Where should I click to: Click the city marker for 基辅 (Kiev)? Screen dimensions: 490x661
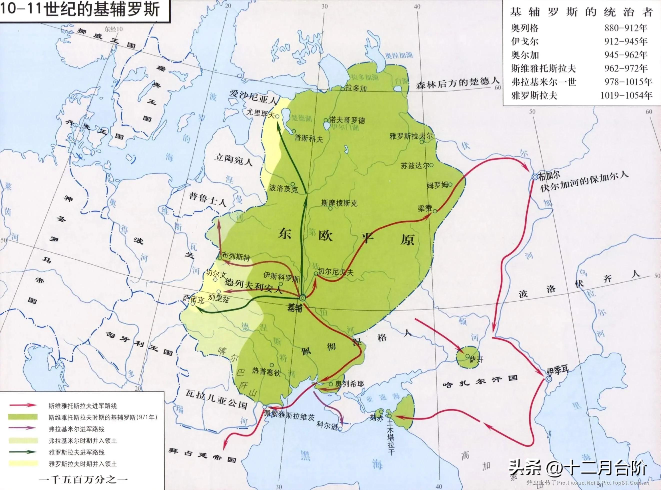click(302, 298)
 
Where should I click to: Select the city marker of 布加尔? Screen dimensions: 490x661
click(534, 177)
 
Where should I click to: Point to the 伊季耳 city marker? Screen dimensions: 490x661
click(548, 379)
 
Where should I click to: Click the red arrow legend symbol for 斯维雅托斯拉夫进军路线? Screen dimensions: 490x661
click(23, 405)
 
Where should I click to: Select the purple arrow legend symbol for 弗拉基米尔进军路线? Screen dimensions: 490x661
click(23, 428)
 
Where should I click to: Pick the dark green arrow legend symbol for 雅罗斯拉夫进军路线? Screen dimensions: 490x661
click(23, 452)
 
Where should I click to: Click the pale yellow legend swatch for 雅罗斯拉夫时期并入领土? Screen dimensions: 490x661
click(23, 463)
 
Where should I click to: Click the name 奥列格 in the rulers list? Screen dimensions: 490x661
click(524, 28)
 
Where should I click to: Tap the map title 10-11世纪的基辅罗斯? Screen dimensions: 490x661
click(80, 9)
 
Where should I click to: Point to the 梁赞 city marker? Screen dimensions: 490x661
click(435, 211)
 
